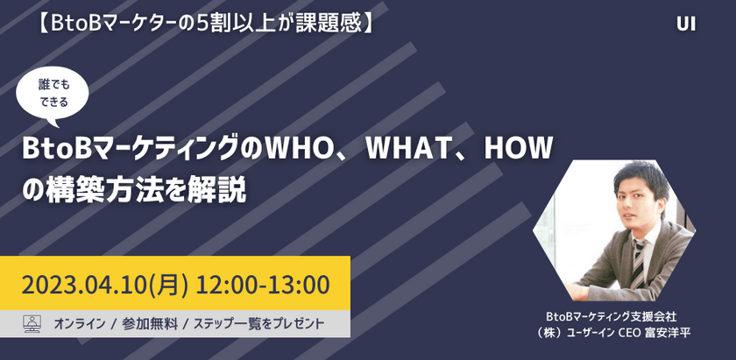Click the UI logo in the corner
[x=686, y=25]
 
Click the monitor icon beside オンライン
[x=32, y=323]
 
